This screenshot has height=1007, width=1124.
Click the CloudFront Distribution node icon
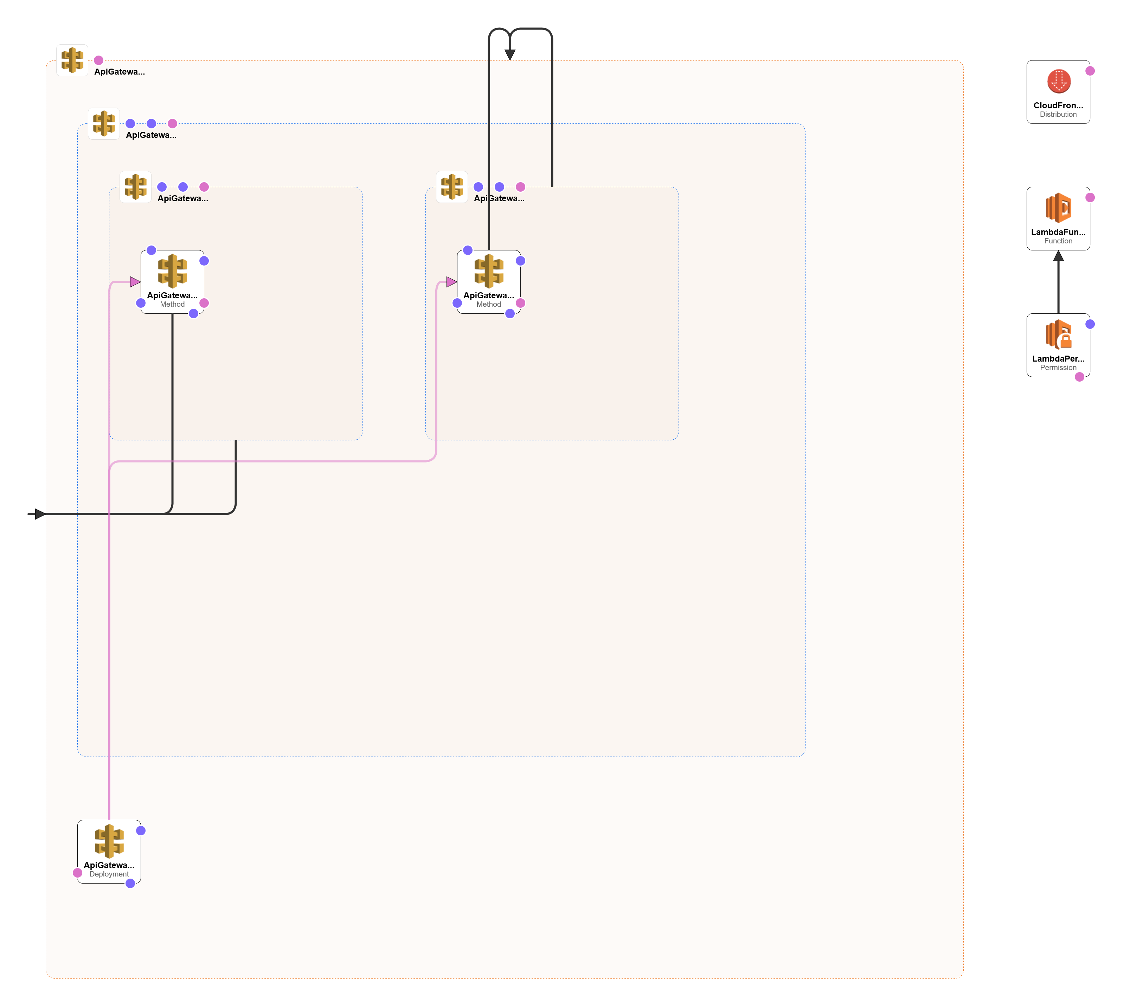tap(1058, 81)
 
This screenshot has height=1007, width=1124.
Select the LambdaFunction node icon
tap(1058, 208)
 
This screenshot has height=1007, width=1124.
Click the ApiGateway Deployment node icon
tap(109, 841)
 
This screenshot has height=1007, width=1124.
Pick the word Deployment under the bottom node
tap(109, 874)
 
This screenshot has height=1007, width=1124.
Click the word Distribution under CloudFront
tap(1058, 115)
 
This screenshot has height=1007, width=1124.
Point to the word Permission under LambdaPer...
tap(1058, 368)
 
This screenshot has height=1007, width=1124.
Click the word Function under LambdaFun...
tap(1058, 241)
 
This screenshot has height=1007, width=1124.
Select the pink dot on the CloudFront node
tap(1090, 71)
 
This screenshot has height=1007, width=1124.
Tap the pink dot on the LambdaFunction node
tap(1090, 198)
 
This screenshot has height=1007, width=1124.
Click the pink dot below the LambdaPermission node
tap(1079, 377)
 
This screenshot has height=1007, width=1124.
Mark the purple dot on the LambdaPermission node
tap(1090, 324)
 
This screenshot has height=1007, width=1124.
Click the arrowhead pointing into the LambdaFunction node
tap(1058, 256)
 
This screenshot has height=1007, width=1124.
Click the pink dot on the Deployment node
tap(77, 873)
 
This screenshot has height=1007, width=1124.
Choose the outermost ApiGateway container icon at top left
tap(72, 60)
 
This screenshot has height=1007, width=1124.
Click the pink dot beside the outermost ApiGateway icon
tap(98, 60)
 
